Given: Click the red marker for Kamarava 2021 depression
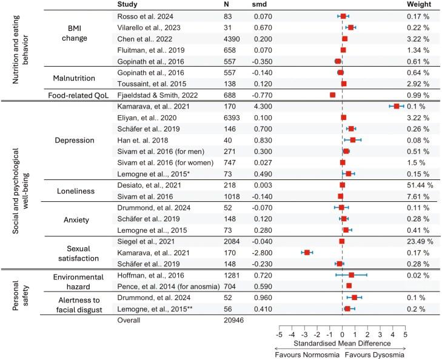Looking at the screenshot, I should pyautogui.click(x=397, y=106).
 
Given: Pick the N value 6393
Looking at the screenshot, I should pyautogui.click(x=233, y=117).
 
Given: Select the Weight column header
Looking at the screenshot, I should pyautogui.click(x=418, y=4).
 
